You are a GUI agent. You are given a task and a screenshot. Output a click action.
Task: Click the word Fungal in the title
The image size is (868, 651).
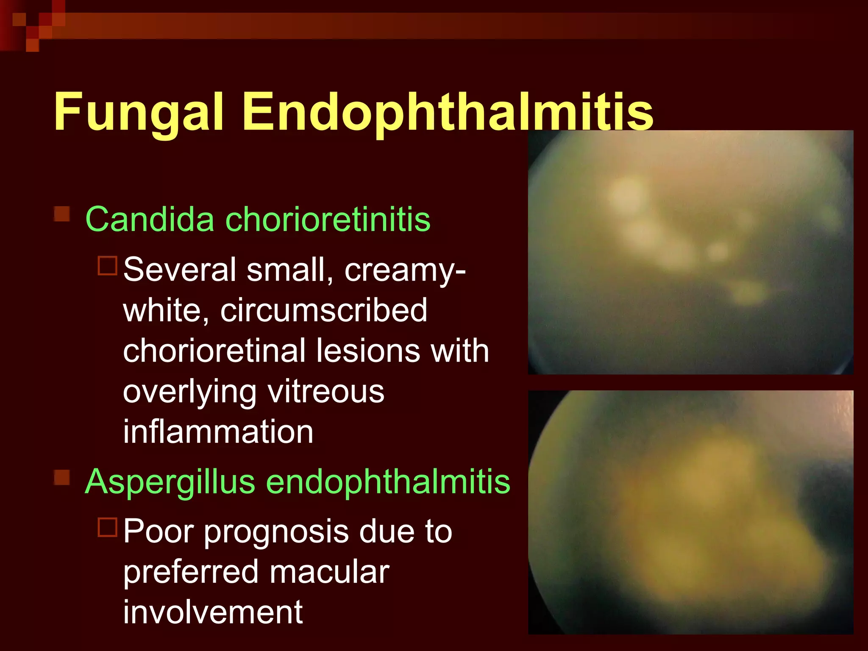click(139, 112)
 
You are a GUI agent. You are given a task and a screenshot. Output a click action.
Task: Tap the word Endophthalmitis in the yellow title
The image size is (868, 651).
click(448, 112)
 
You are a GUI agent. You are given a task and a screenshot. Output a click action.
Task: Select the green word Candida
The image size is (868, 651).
click(150, 219)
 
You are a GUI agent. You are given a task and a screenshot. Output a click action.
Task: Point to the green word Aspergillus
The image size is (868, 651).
click(170, 482)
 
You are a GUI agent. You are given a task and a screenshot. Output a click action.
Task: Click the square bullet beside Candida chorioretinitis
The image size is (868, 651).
click(62, 214)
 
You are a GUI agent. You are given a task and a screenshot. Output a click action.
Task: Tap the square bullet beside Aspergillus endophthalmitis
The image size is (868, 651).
click(62, 477)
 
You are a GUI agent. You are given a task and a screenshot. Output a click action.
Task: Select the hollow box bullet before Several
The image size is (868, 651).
click(107, 266)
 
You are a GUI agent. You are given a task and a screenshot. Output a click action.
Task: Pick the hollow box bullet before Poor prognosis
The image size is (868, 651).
click(107, 528)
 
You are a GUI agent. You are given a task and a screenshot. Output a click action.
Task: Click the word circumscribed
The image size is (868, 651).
click(324, 310)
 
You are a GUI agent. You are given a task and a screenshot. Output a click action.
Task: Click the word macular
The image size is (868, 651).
click(329, 572)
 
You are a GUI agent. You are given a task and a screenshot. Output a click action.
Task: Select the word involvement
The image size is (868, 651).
click(213, 612)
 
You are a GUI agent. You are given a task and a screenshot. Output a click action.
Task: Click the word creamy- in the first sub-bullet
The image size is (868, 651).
click(405, 270)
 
